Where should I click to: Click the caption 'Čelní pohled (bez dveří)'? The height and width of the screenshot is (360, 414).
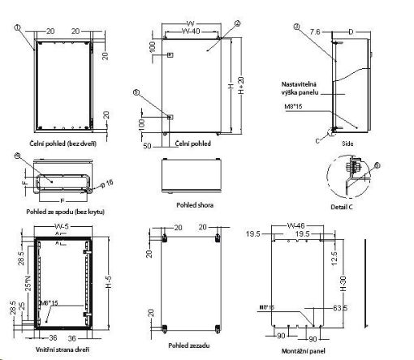click(x=58, y=143)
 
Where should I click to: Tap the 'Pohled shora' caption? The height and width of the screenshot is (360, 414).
click(x=194, y=206)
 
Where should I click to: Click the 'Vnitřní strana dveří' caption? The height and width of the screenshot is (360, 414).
click(x=58, y=349)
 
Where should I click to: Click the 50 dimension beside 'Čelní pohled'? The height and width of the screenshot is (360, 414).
click(x=148, y=147)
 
